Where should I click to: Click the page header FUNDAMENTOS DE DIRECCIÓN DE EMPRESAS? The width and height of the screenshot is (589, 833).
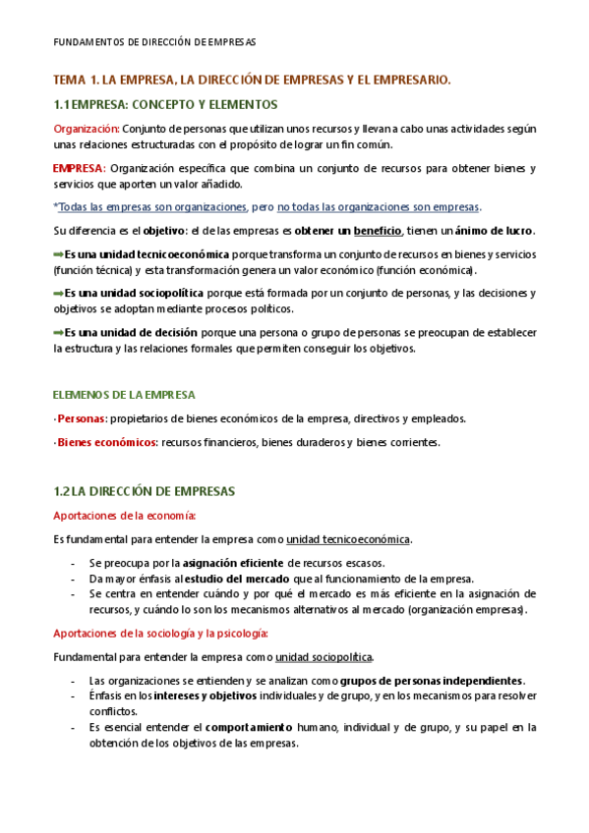point(153,43)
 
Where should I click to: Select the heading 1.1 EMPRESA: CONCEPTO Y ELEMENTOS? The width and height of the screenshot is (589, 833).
point(165,104)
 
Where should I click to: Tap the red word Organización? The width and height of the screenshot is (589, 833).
point(87,129)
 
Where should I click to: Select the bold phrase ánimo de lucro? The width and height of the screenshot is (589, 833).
point(495,231)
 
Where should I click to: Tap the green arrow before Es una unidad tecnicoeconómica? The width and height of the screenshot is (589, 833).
point(58,254)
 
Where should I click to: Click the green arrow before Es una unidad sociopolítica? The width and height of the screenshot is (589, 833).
point(58,293)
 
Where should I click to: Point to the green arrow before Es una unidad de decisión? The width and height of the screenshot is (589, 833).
point(58,332)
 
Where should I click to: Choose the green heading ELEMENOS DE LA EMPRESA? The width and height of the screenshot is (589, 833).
point(124,395)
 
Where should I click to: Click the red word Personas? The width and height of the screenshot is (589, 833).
point(81,418)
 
